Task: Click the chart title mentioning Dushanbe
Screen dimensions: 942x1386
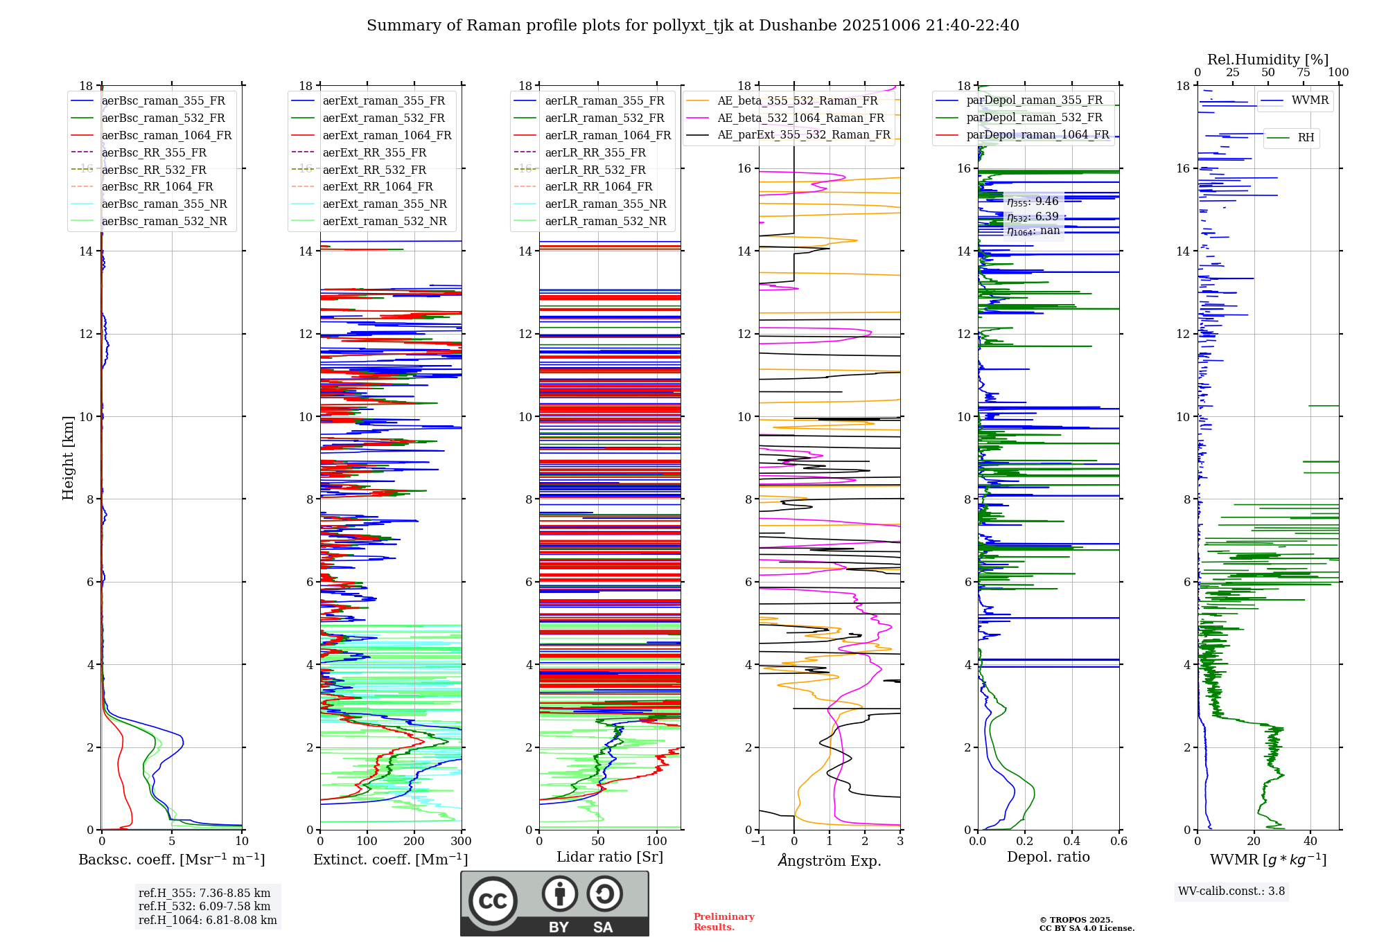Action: tap(692, 26)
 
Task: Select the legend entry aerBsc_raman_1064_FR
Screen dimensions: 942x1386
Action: tap(166, 135)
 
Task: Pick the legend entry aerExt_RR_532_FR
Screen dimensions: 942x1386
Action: tap(374, 170)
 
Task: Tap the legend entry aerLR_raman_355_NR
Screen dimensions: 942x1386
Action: tap(605, 204)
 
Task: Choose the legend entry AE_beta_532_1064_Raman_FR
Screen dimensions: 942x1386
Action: tap(800, 118)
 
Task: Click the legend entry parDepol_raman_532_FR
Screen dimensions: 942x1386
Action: tap(1034, 117)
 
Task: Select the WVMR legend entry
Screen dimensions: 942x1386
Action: tap(1310, 100)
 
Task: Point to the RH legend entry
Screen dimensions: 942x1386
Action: tap(1306, 138)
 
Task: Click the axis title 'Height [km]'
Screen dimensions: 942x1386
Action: tap(68, 457)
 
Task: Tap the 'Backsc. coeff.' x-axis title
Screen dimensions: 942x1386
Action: tap(171, 860)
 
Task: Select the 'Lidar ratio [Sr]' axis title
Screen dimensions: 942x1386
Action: tap(609, 857)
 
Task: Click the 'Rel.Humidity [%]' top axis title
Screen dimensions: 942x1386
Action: tap(1267, 60)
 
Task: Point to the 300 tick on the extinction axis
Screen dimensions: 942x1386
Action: tap(461, 842)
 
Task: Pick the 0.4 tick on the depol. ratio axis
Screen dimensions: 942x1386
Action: tap(1071, 842)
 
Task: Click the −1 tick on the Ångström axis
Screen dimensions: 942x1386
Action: tap(759, 842)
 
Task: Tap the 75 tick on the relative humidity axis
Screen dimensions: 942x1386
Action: tap(1304, 73)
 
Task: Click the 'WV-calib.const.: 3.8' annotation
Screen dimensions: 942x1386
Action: tap(1231, 891)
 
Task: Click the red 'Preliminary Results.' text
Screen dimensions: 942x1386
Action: tap(723, 922)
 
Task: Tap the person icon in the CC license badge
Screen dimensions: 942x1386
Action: tap(559, 894)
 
